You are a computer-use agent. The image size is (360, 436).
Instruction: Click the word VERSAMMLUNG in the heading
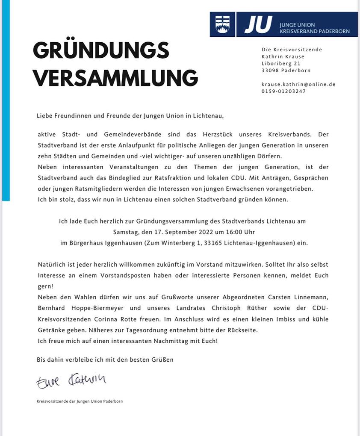point(115,78)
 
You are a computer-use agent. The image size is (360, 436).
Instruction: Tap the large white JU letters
point(258,24)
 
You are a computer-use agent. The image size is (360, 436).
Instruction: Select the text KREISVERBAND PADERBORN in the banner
point(314,31)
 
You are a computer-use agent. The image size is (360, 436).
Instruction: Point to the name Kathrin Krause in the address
point(283,56)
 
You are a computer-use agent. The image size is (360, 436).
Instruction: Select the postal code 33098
point(270,71)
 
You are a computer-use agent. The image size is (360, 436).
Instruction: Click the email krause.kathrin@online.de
point(298,84)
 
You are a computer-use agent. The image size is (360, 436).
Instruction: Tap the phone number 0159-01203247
point(283,91)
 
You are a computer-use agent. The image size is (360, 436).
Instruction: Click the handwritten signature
point(71,380)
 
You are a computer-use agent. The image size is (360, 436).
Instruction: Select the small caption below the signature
point(80,401)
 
